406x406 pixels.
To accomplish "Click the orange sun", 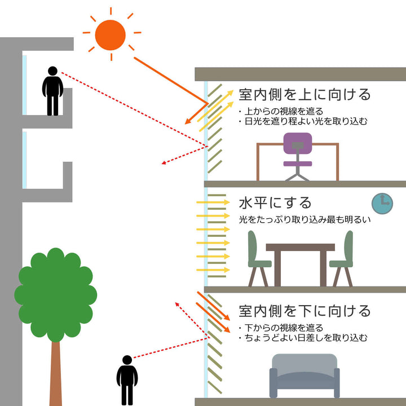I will [x=111, y=34].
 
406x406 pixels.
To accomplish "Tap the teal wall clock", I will [x=382, y=203].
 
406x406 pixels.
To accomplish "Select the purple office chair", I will [x=298, y=155].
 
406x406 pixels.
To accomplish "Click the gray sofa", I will [x=304, y=376].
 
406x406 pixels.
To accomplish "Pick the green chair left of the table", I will [x=257, y=257].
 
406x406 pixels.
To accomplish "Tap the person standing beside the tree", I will [x=127, y=380].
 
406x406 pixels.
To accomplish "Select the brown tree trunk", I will [x=55, y=372].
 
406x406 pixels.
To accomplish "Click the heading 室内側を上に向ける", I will [x=304, y=94].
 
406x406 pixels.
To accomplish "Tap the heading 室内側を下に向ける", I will [x=304, y=311].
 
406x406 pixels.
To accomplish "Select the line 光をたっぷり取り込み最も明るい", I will [x=304, y=219].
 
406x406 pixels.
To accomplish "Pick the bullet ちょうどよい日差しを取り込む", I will [x=305, y=338].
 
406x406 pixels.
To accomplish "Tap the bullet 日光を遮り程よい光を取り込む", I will [x=305, y=121].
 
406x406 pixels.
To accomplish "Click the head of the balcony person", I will [x=52, y=72].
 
